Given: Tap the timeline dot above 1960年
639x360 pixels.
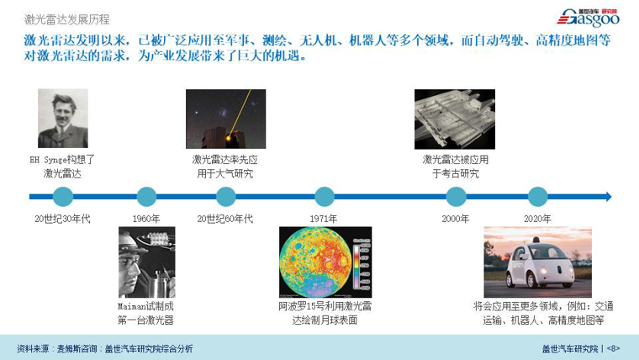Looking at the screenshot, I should coord(146,197).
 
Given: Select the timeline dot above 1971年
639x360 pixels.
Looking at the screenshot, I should coord(324,197).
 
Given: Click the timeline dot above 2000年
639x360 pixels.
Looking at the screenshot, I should coord(456,197).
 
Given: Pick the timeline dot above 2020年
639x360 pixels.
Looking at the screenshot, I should coord(537,197).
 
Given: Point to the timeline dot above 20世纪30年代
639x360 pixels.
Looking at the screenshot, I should coord(62,197).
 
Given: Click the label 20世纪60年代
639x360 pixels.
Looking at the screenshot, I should coord(224,219).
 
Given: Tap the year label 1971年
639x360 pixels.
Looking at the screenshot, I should coord(324,219).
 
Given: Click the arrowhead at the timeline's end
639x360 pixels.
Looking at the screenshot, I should coord(607,197).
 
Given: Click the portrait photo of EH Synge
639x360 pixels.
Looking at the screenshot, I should coord(62,119).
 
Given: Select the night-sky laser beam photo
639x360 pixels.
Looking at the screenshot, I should coord(225,119).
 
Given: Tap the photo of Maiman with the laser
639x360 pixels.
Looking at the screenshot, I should coord(146,262).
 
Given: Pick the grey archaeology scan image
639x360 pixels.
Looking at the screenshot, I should coord(455,119).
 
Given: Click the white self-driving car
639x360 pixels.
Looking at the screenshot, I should coord(537,262).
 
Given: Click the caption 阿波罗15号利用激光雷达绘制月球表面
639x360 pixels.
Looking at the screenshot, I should coord(325,313).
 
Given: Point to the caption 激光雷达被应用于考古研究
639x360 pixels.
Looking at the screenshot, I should coord(455,166).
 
